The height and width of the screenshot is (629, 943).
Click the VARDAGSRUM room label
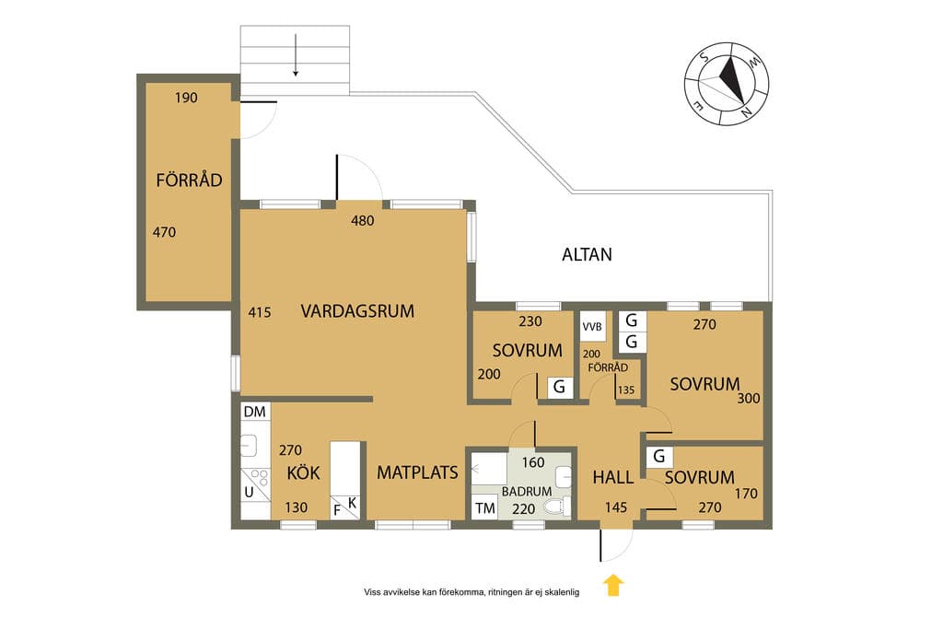click(x=357, y=311)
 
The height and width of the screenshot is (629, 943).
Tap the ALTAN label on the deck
click(x=587, y=254)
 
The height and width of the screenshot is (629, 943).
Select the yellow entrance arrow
click(x=612, y=585)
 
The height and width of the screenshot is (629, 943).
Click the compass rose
click(x=728, y=84)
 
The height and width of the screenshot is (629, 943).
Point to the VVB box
click(x=592, y=327)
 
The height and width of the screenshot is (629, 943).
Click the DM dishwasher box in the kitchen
click(x=255, y=412)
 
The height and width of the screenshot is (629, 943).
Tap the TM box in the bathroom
click(x=484, y=508)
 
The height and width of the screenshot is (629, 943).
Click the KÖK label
click(x=303, y=472)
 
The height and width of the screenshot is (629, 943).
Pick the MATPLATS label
click(x=417, y=472)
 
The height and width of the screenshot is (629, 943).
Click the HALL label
click(x=612, y=477)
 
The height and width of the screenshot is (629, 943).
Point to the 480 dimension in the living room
click(x=363, y=221)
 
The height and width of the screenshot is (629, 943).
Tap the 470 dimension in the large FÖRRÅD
click(x=164, y=232)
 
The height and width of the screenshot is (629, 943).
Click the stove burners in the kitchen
click(x=260, y=477)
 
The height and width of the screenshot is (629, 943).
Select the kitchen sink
click(x=249, y=446)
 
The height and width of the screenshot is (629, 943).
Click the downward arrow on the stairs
click(x=296, y=55)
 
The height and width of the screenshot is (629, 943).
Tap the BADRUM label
click(x=527, y=491)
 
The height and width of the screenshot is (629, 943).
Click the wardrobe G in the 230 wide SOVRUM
click(x=559, y=387)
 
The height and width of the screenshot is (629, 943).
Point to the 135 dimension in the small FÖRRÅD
click(x=626, y=390)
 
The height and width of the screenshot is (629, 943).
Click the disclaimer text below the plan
click(x=471, y=592)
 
